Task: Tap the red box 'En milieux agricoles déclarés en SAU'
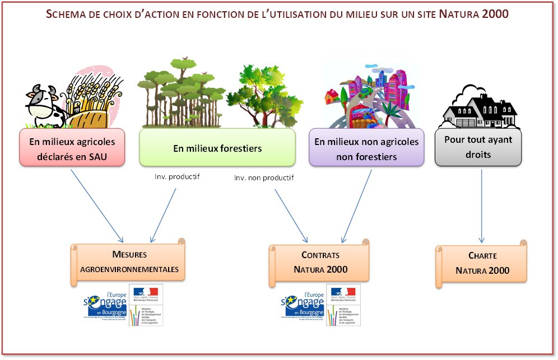pyautogui.click(x=71, y=147)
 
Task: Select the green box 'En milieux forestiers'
pyautogui.click(x=217, y=148)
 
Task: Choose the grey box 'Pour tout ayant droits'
pyautogui.click(x=478, y=147)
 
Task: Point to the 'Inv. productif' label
pyautogui.click(x=178, y=177)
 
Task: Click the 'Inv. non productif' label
pyautogui.click(x=264, y=178)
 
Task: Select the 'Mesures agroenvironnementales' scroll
pyautogui.click(x=129, y=261)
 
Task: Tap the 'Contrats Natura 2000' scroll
pyautogui.click(x=320, y=262)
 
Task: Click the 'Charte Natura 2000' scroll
pyautogui.click(x=482, y=263)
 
